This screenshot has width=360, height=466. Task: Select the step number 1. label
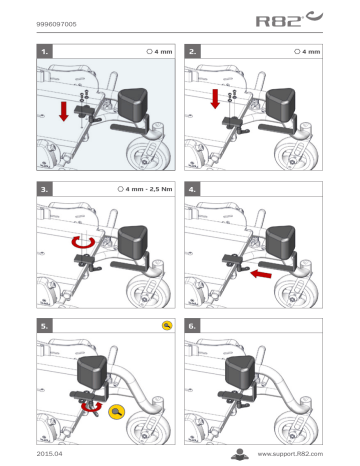point(45,49)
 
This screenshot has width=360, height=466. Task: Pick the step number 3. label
point(45,187)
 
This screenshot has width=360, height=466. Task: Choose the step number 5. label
point(45,326)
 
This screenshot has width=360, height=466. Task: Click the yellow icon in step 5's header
point(167,326)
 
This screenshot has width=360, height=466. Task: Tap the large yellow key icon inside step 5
point(119,410)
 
